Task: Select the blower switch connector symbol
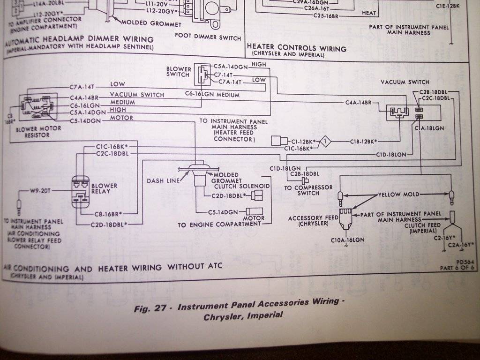click(202, 74)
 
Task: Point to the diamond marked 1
click(327, 141)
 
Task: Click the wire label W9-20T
click(41, 191)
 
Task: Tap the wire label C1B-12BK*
click(364, 141)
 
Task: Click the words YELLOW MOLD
click(397, 195)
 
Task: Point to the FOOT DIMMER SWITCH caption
click(208, 37)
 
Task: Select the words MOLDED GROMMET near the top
click(151, 23)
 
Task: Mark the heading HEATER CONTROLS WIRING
click(296, 48)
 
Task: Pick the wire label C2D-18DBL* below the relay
click(109, 224)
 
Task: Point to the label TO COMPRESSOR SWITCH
click(301, 190)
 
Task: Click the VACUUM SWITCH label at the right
click(405, 82)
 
